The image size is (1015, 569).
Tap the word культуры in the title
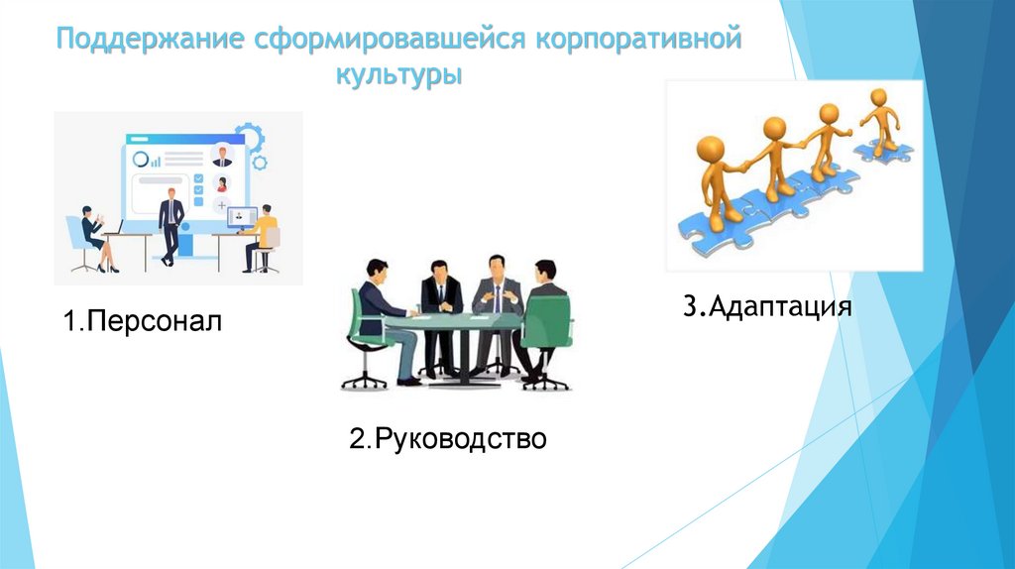pyautogui.click(x=398, y=75)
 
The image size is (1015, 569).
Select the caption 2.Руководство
pyautogui.click(x=447, y=437)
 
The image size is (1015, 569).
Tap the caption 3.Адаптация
pyautogui.click(x=766, y=304)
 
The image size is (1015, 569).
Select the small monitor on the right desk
pyautogui.click(x=242, y=216)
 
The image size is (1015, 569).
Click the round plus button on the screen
pyautogui.click(x=222, y=205)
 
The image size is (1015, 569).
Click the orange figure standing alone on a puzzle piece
pyautogui.click(x=878, y=120)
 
